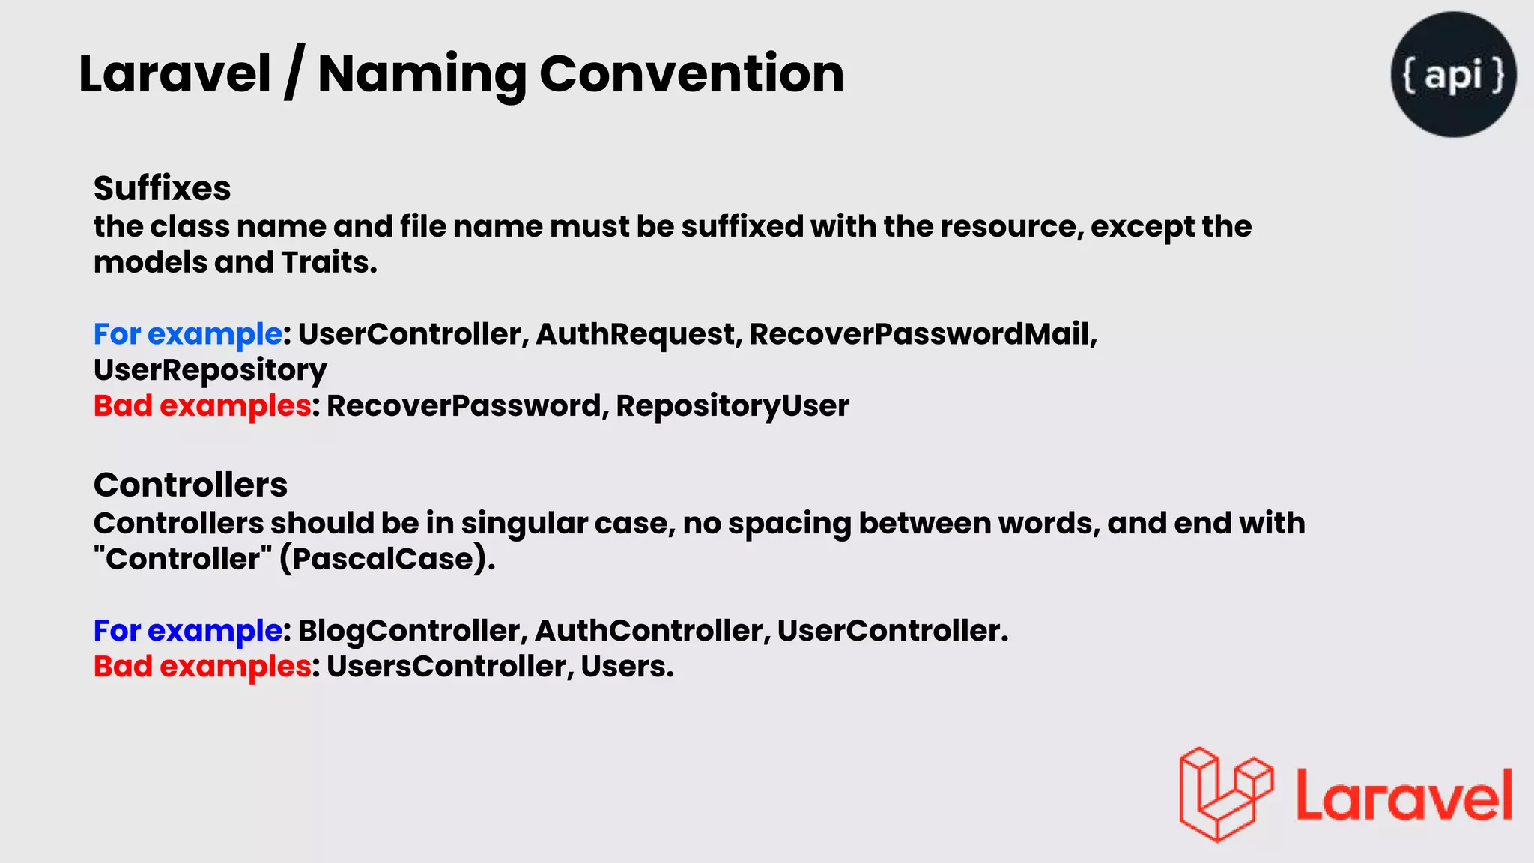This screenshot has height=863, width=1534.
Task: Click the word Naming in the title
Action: [422, 74]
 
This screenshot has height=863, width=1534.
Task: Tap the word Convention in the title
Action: [691, 74]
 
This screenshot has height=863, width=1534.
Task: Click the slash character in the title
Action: [294, 74]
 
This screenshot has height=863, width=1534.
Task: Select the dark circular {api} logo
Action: [1453, 74]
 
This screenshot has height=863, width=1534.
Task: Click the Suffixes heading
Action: [162, 188]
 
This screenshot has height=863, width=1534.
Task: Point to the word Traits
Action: [329, 262]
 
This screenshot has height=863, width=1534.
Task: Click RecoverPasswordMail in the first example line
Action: [922, 334]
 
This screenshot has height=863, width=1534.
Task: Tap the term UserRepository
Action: [210, 370]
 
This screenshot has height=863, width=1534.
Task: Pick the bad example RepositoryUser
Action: [732, 406]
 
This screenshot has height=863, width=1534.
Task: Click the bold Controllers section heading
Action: [190, 485]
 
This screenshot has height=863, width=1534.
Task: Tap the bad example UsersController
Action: [449, 667]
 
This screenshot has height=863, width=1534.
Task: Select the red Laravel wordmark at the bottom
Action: [1403, 796]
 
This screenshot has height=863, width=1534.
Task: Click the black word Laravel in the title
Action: [175, 74]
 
